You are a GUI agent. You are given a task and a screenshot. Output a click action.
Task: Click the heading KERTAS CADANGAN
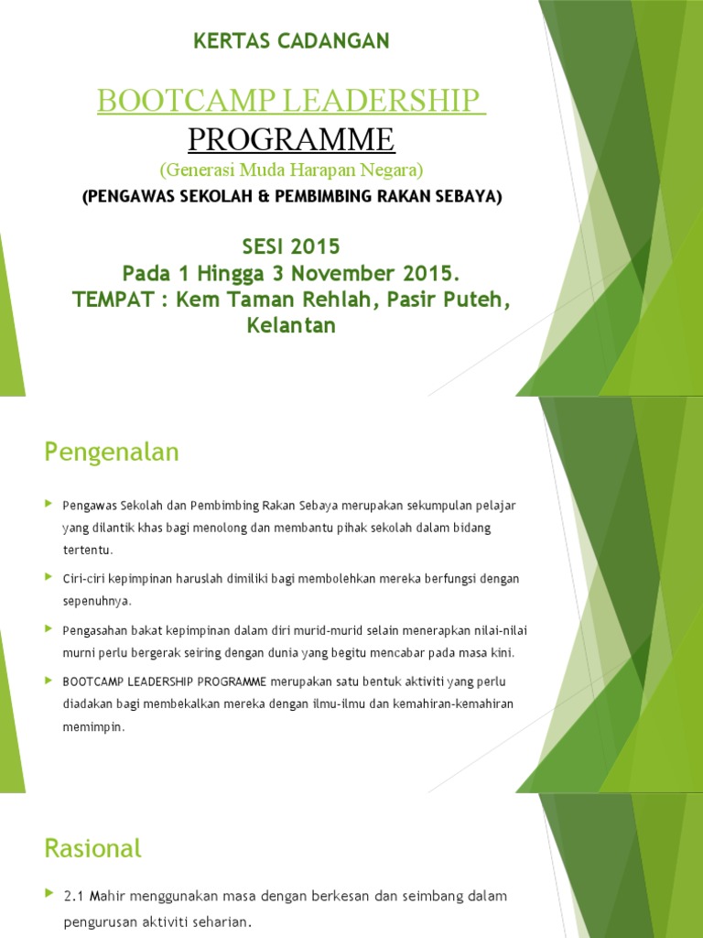coord(292,40)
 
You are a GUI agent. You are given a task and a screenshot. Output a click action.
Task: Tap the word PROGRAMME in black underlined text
coord(291,139)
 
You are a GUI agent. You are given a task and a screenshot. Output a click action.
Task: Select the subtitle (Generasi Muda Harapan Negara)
coord(291,169)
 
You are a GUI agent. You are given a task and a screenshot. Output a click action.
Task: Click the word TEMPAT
coord(157,299)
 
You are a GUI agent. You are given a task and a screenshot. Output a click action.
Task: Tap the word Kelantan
coord(291,325)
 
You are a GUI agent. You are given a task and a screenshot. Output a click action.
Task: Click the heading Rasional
coord(92,848)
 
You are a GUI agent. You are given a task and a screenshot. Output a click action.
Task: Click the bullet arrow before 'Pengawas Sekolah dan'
coord(49,504)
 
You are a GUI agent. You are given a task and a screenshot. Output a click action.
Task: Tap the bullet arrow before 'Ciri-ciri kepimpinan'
coord(49,577)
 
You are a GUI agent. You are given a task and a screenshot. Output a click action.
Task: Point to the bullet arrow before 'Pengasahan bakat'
coord(49,629)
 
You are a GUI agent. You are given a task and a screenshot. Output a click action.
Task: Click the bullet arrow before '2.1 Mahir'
coord(49,894)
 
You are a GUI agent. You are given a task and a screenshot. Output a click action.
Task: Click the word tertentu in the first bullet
coord(87,550)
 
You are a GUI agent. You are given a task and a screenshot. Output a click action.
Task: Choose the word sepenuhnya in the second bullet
coord(97,602)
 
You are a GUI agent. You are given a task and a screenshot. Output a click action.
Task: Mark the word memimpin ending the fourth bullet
coord(92,727)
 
